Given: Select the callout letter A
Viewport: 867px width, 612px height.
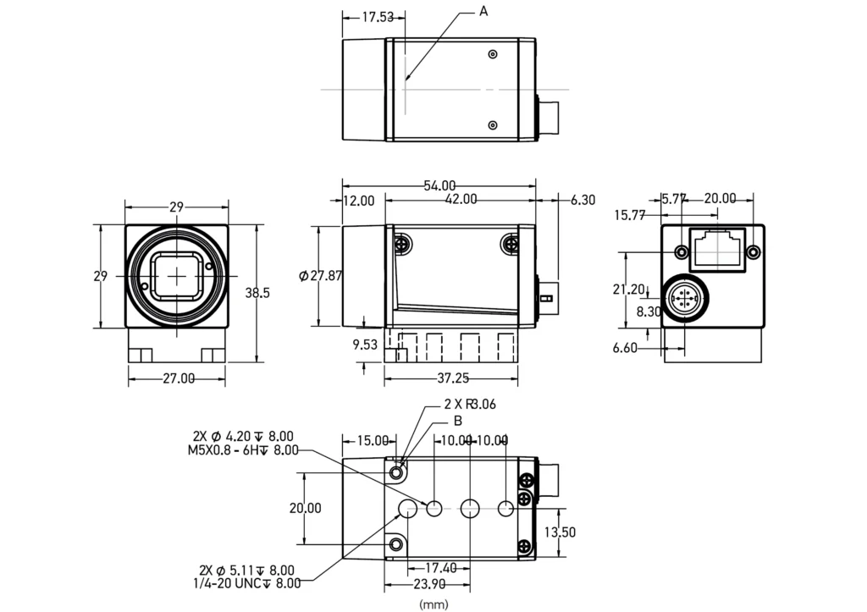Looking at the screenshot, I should point(483,11).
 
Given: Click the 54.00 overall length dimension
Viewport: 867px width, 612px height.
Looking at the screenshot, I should point(439,185).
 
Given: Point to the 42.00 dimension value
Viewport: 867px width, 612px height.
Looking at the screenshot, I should point(460,200).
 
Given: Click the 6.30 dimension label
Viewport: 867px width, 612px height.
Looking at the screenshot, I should point(583,200).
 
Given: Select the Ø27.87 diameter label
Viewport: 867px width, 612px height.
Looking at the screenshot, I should point(321,275).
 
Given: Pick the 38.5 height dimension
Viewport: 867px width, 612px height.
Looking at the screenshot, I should point(257,293).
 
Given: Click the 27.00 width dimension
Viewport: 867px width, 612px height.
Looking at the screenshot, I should point(178,378).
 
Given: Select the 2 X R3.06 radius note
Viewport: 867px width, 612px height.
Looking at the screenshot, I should point(470,405).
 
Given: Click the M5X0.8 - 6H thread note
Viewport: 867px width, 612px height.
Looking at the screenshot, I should point(243,450).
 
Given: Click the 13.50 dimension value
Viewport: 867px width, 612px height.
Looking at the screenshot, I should point(560,532).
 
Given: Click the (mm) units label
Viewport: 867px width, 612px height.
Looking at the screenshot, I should point(433,604).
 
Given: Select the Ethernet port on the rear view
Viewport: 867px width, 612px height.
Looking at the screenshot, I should point(720,248).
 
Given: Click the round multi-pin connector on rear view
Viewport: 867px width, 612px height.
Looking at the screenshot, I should point(683,300).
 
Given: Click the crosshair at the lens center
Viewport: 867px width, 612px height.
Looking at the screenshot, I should point(177,276).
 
